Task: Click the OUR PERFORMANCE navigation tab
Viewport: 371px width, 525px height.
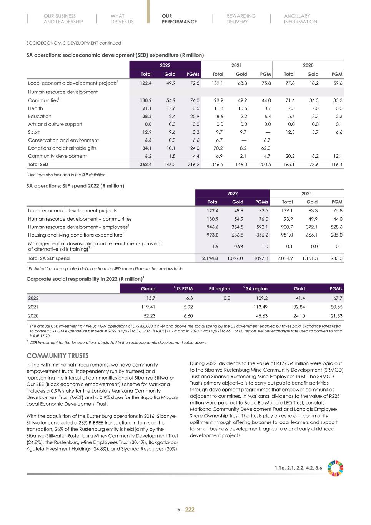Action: (179, 19)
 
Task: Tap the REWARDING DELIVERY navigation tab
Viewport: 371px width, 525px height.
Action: (241, 19)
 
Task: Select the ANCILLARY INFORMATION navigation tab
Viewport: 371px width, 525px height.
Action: (300, 19)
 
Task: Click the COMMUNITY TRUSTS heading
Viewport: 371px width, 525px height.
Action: (57, 355)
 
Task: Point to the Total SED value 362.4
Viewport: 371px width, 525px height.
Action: (145, 165)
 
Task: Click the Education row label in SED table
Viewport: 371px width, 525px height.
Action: (40, 116)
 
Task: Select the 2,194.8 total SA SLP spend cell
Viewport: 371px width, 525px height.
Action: (210, 258)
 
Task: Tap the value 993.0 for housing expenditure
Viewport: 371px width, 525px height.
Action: (213, 235)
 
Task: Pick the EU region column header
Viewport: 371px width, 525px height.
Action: (219, 288)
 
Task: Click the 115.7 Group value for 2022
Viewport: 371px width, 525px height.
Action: (149, 298)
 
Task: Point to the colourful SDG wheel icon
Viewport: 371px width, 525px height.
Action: (335, 468)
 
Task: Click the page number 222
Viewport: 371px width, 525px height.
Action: (190, 510)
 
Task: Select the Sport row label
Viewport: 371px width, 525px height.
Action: (34, 132)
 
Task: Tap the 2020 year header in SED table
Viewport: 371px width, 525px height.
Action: (308, 65)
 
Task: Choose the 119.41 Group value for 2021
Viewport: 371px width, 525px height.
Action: (148, 307)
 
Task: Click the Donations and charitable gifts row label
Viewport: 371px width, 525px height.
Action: (62, 148)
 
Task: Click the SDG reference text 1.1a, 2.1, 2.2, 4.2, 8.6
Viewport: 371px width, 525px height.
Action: (298, 468)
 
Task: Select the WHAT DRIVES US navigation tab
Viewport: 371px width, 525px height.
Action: (122, 19)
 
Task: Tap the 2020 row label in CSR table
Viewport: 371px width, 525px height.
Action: (33, 316)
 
